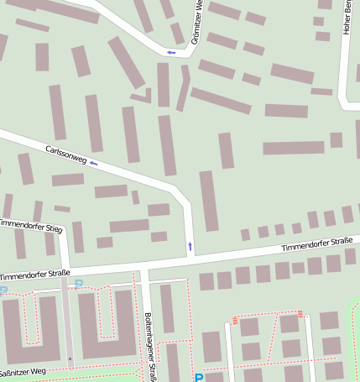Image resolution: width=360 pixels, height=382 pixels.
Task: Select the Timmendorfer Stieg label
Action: [30, 225]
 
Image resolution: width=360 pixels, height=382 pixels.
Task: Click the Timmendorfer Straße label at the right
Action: [316, 243]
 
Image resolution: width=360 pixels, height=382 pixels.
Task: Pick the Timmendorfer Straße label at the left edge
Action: [34, 275]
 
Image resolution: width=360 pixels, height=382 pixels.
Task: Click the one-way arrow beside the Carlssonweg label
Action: [93, 163]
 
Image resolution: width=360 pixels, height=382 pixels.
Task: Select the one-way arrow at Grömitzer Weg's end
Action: [171, 53]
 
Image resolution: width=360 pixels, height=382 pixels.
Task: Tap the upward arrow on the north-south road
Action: [190, 246]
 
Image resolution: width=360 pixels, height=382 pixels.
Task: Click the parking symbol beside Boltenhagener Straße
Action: [199, 378]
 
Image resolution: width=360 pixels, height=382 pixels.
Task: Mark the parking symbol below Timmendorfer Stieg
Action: [79, 284]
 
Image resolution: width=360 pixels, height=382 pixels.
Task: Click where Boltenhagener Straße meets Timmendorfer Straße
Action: [143, 267]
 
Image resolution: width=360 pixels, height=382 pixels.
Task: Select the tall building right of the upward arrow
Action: [208, 201]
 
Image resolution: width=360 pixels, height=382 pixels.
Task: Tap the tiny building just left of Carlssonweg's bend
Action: [135, 196]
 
